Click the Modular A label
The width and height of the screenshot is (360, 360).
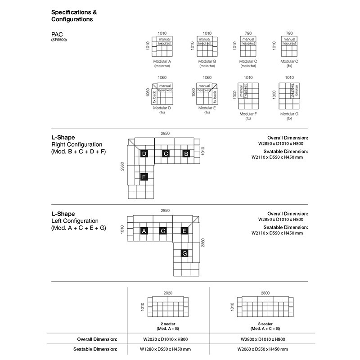(162, 61)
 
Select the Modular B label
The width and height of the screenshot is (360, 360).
(207, 61)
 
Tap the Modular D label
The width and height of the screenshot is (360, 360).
(162, 108)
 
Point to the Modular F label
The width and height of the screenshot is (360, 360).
(248, 114)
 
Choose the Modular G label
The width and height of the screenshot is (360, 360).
(289, 114)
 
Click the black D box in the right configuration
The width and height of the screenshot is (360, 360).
(144, 153)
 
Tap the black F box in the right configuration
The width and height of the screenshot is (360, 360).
(144, 177)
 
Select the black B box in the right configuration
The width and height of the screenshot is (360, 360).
(186, 153)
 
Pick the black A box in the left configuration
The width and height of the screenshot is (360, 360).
(144, 231)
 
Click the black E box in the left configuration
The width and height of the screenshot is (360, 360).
(184, 231)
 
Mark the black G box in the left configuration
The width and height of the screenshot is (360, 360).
(184, 253)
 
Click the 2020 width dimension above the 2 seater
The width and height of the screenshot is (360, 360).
(168, 293)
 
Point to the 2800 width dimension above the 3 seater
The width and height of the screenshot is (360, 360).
(265, 293)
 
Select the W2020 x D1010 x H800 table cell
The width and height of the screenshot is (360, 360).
(166, 339)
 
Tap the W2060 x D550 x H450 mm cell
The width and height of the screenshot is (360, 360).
(263, 349)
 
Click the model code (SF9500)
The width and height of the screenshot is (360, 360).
(59, 40)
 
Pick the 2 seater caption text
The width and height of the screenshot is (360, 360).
(168, 324)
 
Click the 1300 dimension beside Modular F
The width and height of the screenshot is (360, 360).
(234, 94)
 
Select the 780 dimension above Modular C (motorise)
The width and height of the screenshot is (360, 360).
(248, 33)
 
